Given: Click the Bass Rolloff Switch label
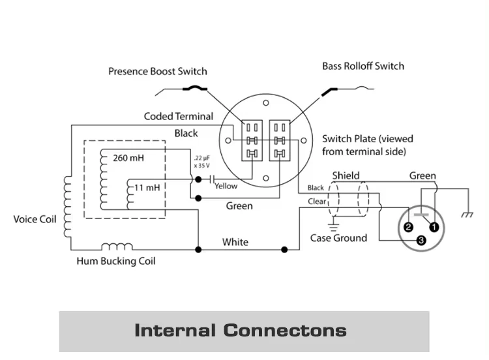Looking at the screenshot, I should point(363,66).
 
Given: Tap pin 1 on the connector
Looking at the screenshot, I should point(433,226).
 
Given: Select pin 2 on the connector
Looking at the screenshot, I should point(408,227).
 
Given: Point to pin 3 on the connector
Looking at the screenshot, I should point(421,241).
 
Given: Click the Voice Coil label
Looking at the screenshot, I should point(34,219).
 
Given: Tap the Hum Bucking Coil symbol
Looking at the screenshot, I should point(117,247).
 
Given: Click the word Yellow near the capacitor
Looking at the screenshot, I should point(226,186).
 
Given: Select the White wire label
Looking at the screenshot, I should point(235,242).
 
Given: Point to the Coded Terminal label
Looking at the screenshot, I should point(178,117).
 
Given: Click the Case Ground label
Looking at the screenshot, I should point(338,238).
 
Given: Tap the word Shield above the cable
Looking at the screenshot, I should point(346,175).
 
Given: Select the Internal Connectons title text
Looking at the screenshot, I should point(240,331).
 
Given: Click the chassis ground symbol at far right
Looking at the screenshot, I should point(467,214).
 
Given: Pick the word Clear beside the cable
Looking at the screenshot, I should point(317,202).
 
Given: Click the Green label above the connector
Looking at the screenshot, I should point(422,176).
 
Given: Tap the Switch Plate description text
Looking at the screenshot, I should point(367,145).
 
